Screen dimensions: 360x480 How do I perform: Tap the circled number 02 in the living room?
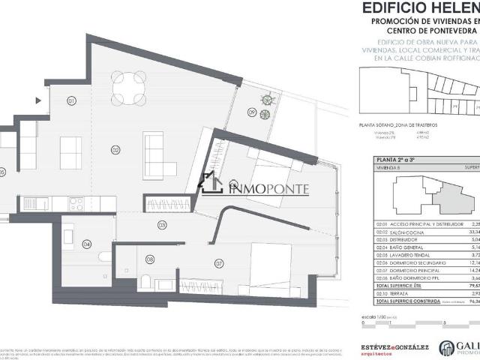(x=115, y=149)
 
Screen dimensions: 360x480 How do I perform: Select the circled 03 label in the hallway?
(x=161, y=225)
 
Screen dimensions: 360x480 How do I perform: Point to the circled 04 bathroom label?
(x=87, y=244)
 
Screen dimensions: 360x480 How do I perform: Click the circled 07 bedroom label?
(x=219, y=263)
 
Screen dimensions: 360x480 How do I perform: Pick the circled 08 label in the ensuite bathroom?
(x=150, y=260)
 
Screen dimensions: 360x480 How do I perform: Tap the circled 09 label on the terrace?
(x=252, y=113)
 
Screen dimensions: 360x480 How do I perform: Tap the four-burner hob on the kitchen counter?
(x=76, y=202)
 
